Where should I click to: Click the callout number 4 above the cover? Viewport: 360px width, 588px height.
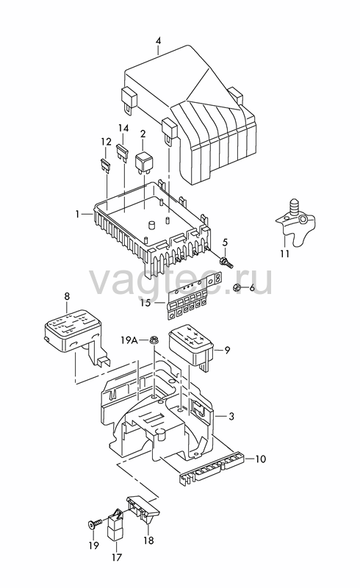(x=158, y=41)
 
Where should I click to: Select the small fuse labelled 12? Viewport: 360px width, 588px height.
(x=105, y=164)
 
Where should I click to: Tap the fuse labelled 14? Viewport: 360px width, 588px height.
(x=122, y=153)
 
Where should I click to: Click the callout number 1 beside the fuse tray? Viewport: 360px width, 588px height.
(x=77, y=214)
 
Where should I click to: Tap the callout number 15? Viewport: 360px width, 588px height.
(x=145, y=302)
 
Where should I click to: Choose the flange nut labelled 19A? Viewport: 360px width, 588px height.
(x=154, y=340)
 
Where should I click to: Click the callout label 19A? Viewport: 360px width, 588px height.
(x=129, y=340)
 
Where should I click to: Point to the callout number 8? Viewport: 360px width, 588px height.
(x=67, y=297)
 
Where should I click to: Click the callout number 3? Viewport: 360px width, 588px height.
(x=231, y=416)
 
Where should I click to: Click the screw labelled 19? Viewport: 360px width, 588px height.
(x=96, y=523)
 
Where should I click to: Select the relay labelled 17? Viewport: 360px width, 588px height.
(x=116, y=526)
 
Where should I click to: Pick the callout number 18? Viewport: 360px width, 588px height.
(x=148, y=540)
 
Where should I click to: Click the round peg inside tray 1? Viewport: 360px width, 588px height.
(x=151, y=225)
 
